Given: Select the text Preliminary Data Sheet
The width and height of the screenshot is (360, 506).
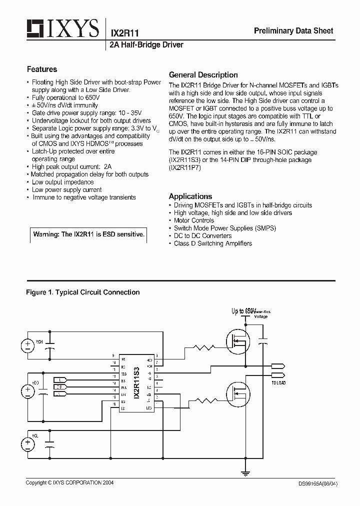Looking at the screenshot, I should click(293, 31).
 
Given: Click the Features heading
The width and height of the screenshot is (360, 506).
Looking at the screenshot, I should click(42, 69).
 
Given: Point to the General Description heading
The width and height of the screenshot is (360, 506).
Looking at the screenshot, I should click(203, 75).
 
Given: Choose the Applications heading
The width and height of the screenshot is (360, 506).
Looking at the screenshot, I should click(190, 196).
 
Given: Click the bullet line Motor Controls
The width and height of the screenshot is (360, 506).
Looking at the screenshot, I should click(193, 220).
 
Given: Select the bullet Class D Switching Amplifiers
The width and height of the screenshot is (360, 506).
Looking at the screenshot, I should click(212, 243).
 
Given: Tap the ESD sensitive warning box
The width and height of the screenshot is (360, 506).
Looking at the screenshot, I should click(88, 234).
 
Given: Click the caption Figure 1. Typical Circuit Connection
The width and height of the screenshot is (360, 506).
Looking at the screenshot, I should click(83, 292).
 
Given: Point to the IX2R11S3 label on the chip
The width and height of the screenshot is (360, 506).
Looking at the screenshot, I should click(136, 382).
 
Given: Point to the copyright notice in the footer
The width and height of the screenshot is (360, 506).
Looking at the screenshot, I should click(70, 483).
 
